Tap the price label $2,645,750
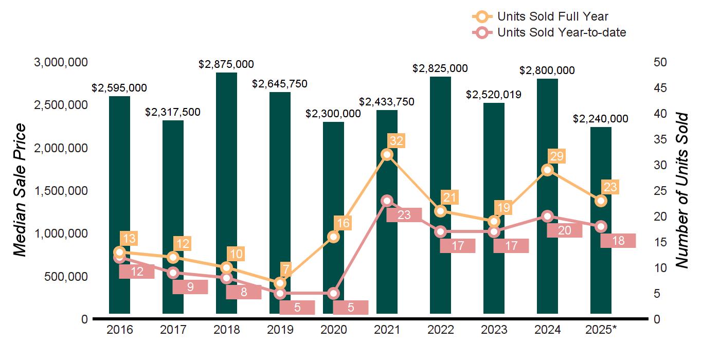point(279,83)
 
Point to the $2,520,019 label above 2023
point(494,95)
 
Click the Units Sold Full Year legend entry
point(552,16)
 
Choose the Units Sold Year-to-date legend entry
point(561,32)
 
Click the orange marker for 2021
point(387,155)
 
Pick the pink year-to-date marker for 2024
point(548,217)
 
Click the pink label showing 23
point(404,215)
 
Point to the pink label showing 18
point(618,241)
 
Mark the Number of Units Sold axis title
point(682,190)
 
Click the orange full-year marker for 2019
point(280,283)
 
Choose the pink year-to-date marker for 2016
point(119,258)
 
